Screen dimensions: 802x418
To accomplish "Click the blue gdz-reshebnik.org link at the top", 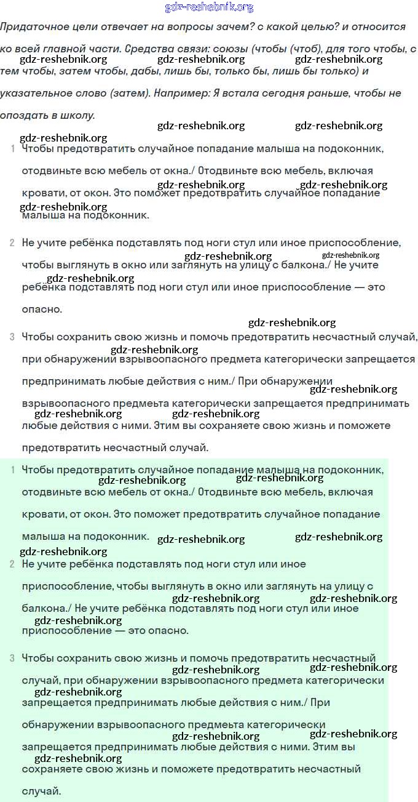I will pos(209,7).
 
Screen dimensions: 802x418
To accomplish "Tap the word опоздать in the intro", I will pos(23,116).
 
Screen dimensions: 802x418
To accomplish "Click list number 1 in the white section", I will pos(12,149).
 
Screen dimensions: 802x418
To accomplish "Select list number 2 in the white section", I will pos(12,243).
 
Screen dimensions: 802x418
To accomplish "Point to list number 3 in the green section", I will pos(12,659).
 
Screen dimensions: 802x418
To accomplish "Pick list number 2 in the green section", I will pos(12,564).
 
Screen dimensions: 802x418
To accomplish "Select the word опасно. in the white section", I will pos(42,310).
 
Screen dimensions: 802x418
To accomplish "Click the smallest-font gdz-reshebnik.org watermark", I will pos(350,255).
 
